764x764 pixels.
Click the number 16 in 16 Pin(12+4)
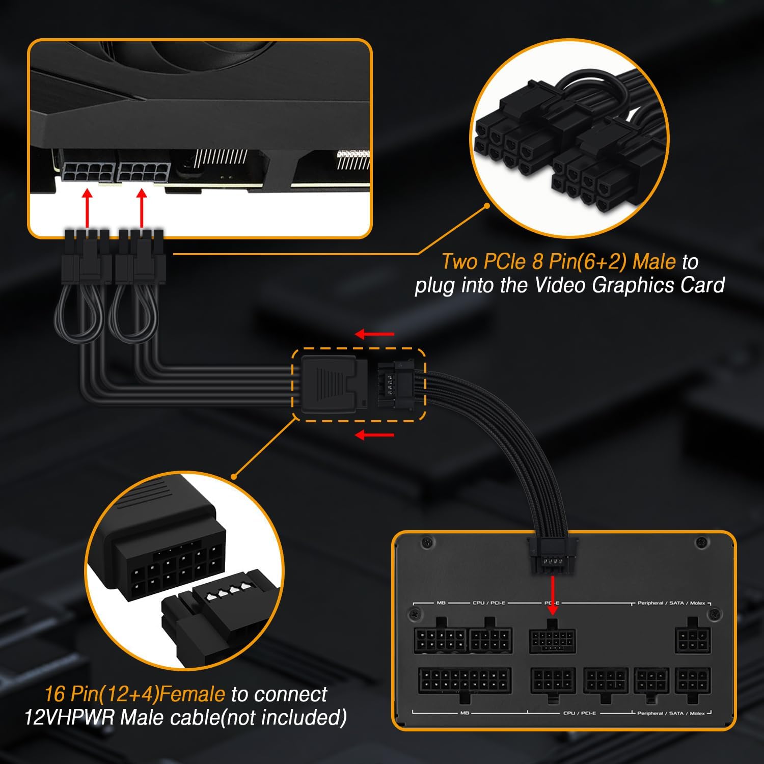tap(54, 694)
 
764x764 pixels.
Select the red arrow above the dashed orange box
tap(374, 334)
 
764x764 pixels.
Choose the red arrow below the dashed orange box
tap(374, 435)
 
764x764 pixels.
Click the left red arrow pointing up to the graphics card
tap(88, 208)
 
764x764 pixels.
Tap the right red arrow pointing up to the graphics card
tap(142, 208)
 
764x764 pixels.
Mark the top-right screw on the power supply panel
tap(702, 543)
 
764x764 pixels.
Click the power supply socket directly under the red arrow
tap(553, 638)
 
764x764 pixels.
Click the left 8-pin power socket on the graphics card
tap(88, 172)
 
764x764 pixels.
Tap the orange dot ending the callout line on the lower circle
tap(234, 477)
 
